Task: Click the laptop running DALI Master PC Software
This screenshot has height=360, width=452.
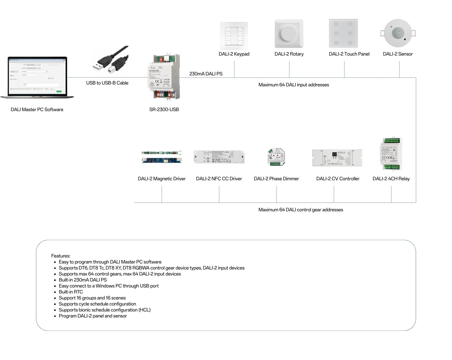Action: coord(37,77)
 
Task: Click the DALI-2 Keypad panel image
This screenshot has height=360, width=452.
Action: coord(234,36)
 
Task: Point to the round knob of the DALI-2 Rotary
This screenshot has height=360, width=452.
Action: coord(289,33)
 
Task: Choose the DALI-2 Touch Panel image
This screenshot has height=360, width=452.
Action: coord(343,33)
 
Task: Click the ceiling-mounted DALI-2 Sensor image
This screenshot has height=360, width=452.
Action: coord(398,33)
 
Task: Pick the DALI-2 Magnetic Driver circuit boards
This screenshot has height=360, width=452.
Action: coord(162,157)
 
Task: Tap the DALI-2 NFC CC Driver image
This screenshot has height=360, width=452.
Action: coord(219,157)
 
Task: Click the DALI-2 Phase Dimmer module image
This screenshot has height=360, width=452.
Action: coord(276,157)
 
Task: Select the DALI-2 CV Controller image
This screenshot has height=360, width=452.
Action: coord(337,158)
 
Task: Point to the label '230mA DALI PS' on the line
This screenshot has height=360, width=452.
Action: coord(206,74)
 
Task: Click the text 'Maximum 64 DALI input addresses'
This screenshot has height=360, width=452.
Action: coord(293,85)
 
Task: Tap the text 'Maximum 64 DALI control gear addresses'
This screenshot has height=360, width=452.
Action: coord(300,210)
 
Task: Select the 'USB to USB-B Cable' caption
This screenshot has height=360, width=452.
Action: coord(107,83)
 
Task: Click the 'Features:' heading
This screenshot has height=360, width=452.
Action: coord(61,256)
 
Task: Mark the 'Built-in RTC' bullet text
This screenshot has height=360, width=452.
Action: coord(71,292)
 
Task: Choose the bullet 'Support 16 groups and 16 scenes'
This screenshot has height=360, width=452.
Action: coord(92,298)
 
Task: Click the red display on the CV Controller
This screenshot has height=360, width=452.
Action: coord(334,154)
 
